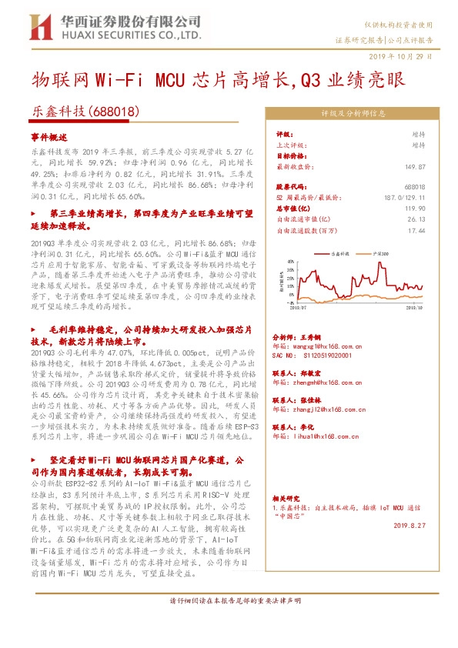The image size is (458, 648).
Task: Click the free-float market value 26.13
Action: point(416,219)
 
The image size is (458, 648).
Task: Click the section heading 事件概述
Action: point(45,135)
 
